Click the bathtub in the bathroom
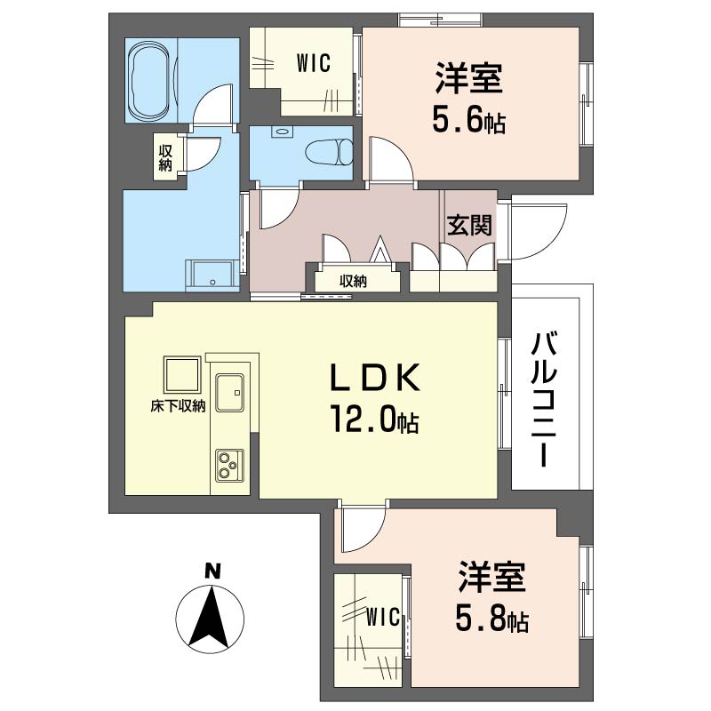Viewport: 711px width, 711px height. (x=150, y=80)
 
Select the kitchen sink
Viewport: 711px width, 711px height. (x=231, y=389)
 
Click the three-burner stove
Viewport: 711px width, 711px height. (x=228, y=465)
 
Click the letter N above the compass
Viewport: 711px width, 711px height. (x=212, y=571)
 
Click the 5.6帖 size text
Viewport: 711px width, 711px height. (x=468, y=121)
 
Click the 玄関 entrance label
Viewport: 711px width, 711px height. (x=469, y=226)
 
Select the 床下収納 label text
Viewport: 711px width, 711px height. (x=178, y=406)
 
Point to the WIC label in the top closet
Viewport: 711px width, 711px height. (x=313, y=63)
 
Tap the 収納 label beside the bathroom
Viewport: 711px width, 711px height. (x=165, y=156)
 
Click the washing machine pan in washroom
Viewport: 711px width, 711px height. (x=210, y=274)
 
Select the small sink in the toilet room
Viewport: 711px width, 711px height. (x=282, y=132)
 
